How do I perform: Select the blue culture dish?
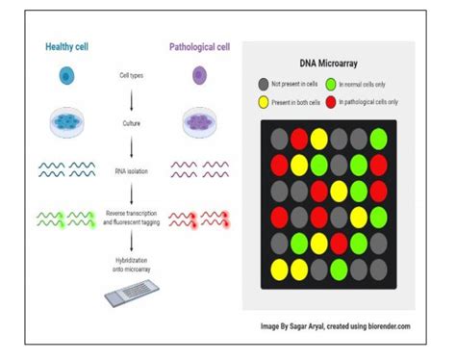pos(65,123)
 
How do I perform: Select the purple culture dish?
pos(201,123)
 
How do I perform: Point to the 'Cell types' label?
pos(133,75)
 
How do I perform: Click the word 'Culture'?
pos(133,123)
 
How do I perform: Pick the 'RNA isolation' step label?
pos(133,169)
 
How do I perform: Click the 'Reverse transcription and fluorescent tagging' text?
pos(133,216)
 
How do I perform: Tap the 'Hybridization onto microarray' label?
pos(133,264)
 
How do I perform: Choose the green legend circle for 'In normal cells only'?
pos(331,84)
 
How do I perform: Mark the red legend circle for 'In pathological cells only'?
pos(331,102)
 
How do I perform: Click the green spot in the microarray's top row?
pos(378,138)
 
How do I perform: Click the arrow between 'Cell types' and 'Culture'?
pos(133,99)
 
